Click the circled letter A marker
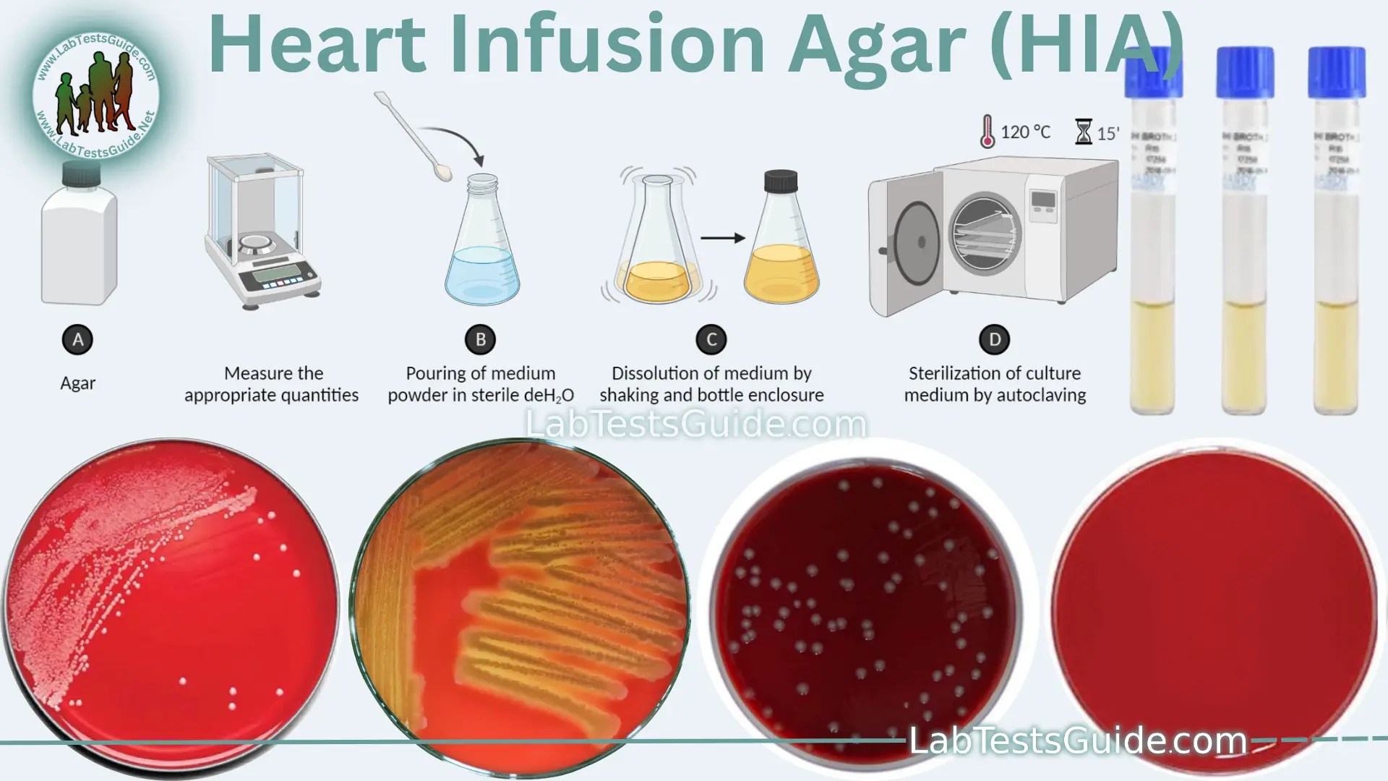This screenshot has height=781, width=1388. [78, 339]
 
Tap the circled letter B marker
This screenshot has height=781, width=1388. [480, 339]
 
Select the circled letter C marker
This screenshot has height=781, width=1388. [711, 339]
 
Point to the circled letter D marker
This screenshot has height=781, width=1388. [995, 339]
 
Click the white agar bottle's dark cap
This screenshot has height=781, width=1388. [81, 174]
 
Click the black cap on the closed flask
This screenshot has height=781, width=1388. [781, 180]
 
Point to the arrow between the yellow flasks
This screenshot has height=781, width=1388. [722, 237]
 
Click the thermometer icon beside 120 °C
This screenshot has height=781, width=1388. [988, 132]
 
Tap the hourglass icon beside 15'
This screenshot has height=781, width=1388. [1084, 132]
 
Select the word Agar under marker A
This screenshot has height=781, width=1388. [78, 383]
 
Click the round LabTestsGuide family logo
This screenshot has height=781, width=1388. [95, 90]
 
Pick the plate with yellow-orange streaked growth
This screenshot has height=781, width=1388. [519, 607]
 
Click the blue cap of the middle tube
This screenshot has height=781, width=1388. [1244, 72]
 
